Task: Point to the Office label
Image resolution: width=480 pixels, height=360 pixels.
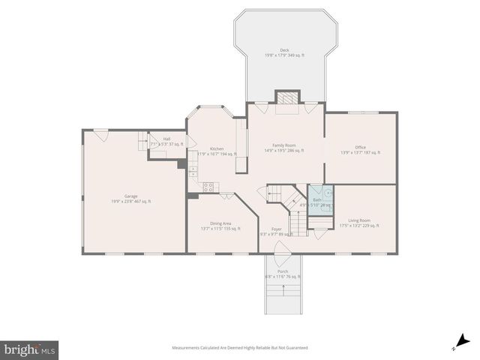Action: click(x=360, y=149)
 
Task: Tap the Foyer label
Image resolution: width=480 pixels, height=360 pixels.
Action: click(x=277, y=231)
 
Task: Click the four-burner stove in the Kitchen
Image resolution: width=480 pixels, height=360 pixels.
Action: click(x=209, y=187)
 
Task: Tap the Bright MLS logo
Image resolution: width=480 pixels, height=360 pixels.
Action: click(x=29, y=349)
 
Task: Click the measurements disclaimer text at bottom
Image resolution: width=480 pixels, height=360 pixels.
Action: click(x=239, y=347)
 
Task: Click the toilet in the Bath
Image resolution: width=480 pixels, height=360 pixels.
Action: click(x=327, y=192)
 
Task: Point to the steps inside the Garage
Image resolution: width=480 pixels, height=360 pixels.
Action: click(x=142, y=139)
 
